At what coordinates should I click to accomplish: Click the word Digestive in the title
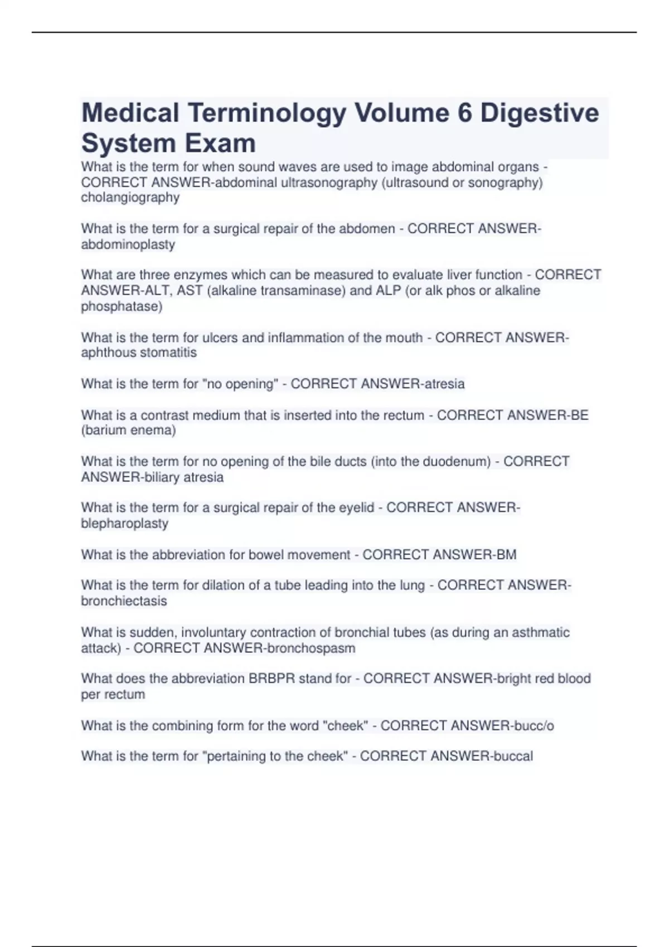(x=540, y=113)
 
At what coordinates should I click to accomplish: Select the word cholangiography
(x=130, y=198)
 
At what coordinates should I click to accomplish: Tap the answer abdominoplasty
(x=128, y=245)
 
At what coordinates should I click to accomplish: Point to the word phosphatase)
(x=122, y=306)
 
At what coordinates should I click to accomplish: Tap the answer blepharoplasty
(x=124, y=524)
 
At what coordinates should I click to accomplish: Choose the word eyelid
(x=357, y=507)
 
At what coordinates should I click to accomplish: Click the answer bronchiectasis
(x=124, y=601)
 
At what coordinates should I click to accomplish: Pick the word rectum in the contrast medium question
(x=403, y=415)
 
